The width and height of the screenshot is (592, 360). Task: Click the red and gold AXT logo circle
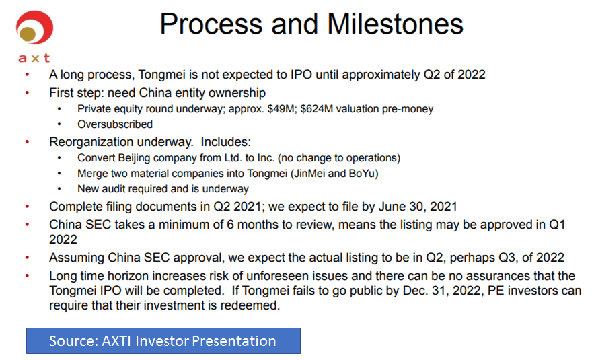click(x=34, y=27)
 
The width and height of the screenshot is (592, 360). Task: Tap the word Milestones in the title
click(x=395, y=24)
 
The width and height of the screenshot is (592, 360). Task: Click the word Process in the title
click(x=211, y=24)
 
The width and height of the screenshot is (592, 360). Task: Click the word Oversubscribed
click(x=115, y=124)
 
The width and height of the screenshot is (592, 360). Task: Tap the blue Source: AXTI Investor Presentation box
click(x=163, y=340)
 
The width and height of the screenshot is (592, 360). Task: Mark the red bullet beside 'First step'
click(x=27, y=93)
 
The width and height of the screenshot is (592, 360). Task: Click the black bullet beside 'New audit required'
click(x=59, y=189)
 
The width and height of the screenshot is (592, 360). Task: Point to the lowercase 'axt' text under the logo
click(x=34, y=58)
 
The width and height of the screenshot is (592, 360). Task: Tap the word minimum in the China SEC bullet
click(x=184, y=225)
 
